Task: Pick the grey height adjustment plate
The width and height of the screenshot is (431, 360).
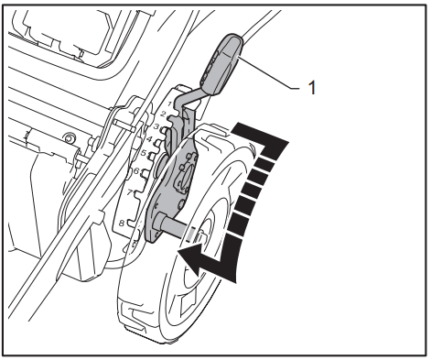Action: pyautogui.click(x=165, y=197)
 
